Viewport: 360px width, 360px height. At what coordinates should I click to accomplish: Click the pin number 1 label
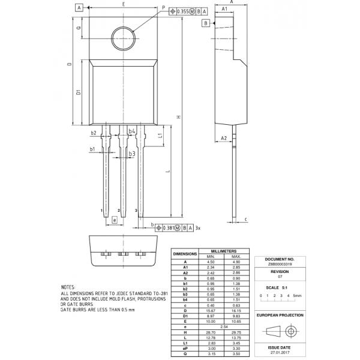coord(101,211)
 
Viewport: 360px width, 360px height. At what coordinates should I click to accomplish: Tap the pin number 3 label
coord(136,211)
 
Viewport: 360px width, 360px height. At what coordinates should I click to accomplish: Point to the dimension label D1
coord(79,93)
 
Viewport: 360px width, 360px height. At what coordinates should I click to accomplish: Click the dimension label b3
coord(131,154)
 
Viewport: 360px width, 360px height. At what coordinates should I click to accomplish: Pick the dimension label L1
coord(162,137)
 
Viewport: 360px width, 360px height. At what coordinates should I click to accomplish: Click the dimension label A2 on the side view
coord(224,138)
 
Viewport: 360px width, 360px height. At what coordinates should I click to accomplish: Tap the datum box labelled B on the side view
coord(206,23)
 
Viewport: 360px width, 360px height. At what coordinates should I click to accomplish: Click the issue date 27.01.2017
coord(280,352)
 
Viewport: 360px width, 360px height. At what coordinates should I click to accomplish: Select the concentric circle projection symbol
coord(292,331)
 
